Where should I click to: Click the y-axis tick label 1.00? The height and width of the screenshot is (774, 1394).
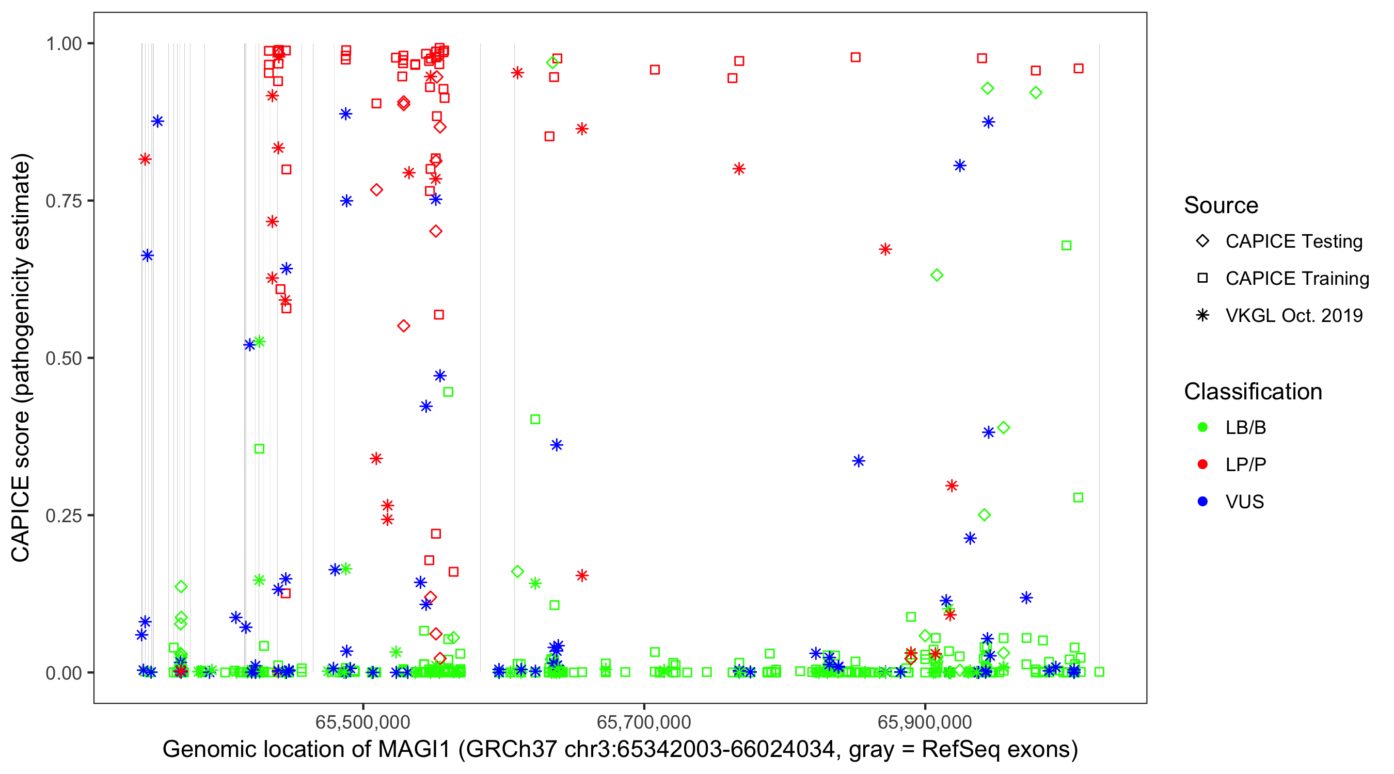point(63,43)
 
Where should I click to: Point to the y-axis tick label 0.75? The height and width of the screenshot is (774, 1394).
point(63,201)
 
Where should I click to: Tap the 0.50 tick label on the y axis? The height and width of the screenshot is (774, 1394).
point(63,358)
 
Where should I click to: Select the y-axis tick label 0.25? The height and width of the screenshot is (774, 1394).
point(63,515)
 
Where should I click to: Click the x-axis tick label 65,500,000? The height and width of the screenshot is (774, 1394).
point(362,721)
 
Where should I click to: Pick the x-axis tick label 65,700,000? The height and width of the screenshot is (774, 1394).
point(643,721)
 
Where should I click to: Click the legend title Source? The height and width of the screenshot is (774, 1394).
point(1221,205)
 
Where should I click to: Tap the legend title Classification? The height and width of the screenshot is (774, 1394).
point(1253,392)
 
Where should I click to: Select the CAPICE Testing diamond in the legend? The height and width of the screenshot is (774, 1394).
point(1202,241)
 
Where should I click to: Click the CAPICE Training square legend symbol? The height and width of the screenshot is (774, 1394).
point(1202,278)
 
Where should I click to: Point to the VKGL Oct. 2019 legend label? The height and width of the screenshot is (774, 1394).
point(1294,315)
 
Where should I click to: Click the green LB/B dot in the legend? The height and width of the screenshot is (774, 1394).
point(1202,427)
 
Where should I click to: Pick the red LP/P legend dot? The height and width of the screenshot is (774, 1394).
point(1202,464)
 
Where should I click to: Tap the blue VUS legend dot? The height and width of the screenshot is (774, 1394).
point(1202,502)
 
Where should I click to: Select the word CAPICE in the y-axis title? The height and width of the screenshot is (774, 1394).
point(21,518)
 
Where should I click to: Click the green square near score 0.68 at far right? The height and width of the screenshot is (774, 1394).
point(1066,246)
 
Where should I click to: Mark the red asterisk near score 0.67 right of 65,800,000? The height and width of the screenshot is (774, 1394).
point(885,249)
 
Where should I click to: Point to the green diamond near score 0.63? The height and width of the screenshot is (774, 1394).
point(937,276)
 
